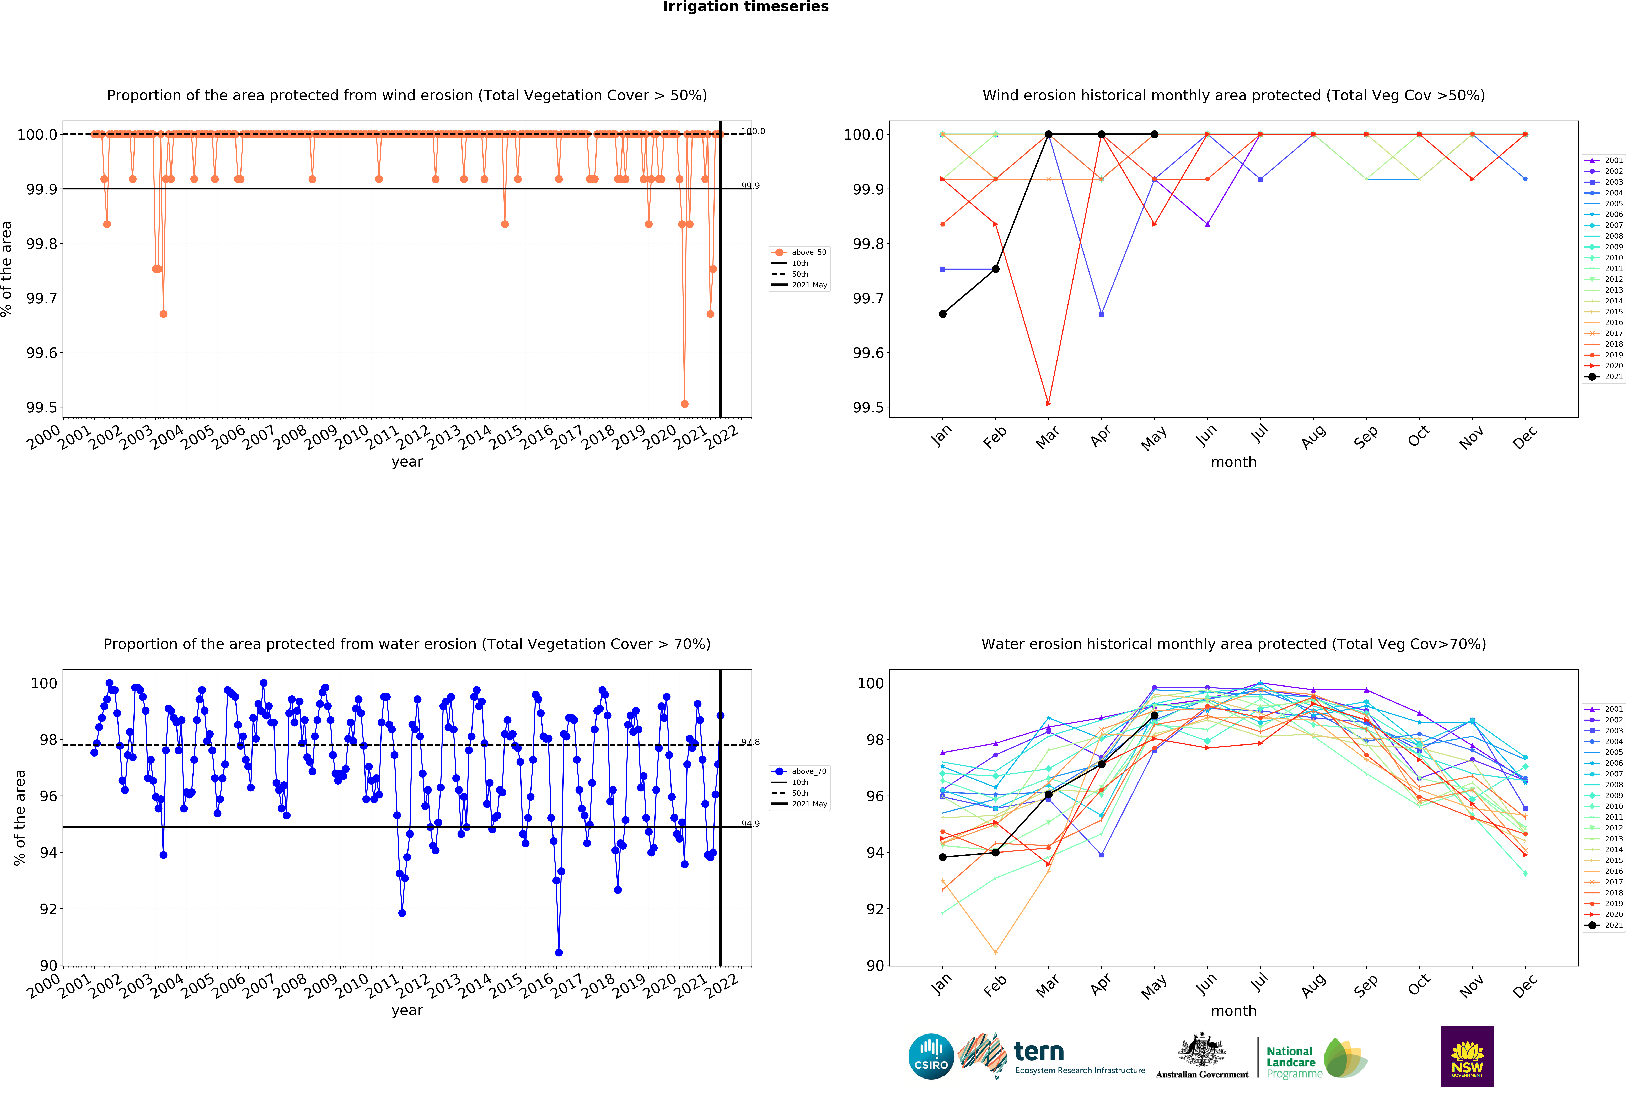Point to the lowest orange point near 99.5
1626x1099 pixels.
click(x=684, y=404)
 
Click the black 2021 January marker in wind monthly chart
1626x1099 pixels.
click(x=942, y=314)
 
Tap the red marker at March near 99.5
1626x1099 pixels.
click(x=1048, y=404)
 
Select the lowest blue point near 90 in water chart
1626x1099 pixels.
click(x=558, y=952)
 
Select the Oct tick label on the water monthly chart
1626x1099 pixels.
click(x=1418, y=985)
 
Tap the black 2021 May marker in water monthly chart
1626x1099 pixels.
click(x=1154, y=716)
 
